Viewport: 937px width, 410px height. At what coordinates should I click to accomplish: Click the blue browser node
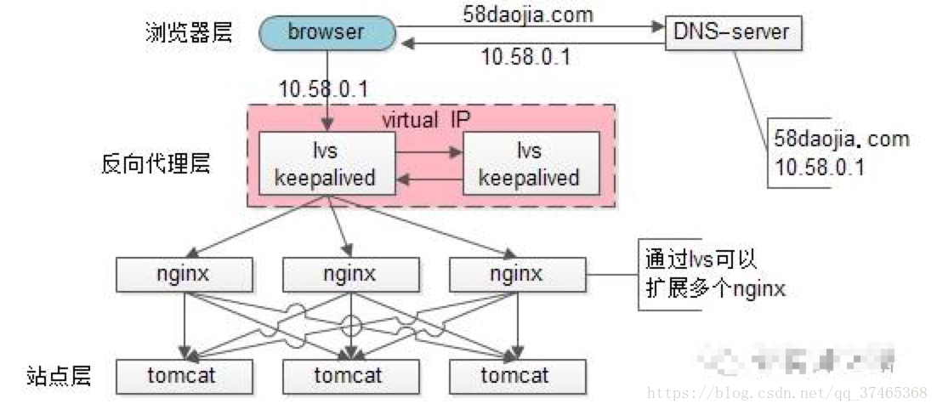click(326, 33)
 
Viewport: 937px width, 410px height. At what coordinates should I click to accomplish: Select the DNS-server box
click(732, 33)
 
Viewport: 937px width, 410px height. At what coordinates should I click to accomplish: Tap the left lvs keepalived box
click(327, 164)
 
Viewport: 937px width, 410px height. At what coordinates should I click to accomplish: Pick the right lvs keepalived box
click(529, 164)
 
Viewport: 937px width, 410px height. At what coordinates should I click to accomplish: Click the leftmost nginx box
click(185, 274)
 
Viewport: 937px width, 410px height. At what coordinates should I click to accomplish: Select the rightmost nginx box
click(517, 274)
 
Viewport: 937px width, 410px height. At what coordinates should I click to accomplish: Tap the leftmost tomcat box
click(185, 375)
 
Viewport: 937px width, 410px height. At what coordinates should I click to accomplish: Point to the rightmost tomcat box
click(517, 375)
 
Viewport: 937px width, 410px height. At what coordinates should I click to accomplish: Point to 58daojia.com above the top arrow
click(527, 14)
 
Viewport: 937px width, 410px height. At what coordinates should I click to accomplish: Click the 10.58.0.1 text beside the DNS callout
click(820, 168)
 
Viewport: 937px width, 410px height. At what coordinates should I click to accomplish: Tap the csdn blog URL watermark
click(787, 393)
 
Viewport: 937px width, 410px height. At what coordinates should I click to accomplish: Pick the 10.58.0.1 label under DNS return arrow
click(525, 58)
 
